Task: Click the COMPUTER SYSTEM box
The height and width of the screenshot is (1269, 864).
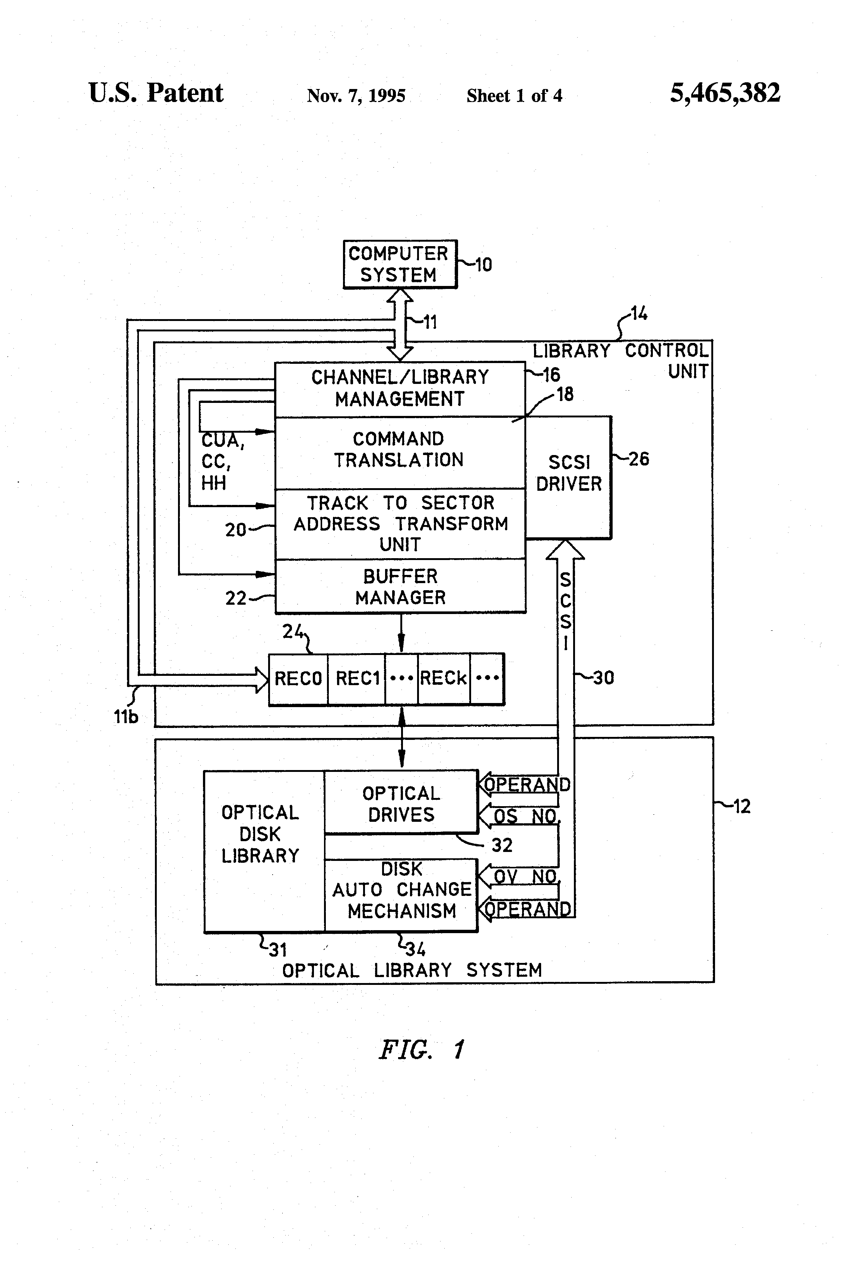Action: [400, 264]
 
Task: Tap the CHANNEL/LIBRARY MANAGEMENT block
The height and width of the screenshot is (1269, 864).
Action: [400, 388]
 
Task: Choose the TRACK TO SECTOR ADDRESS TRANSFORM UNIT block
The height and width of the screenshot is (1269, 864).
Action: [400, 523]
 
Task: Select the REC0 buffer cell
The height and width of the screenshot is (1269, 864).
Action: [298, 679]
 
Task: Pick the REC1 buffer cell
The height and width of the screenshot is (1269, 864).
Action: [357, 679]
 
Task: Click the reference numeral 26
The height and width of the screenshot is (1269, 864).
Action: [638, 459]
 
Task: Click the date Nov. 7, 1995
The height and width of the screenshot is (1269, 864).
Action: [356, 96]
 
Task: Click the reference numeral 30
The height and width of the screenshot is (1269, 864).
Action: [603, 678]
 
